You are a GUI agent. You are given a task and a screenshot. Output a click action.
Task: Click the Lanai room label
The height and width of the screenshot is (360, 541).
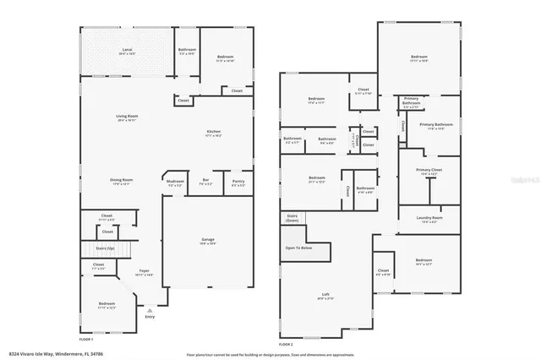point(127,51)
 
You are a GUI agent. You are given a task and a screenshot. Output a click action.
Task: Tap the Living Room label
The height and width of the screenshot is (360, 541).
point(127,117)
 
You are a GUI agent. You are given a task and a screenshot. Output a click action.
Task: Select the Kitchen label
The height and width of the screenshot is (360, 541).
point(214,133)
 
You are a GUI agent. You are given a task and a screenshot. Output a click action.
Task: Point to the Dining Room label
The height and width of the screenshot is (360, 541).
point(121,180)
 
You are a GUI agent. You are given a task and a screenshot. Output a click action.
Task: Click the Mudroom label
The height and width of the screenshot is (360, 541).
point(175,181)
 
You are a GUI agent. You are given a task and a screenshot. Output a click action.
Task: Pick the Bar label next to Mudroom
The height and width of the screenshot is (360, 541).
point(205,181)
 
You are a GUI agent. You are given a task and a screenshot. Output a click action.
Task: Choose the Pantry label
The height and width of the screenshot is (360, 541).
point(238,181)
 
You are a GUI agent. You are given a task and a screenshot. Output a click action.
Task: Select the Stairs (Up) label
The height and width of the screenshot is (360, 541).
point(107,248)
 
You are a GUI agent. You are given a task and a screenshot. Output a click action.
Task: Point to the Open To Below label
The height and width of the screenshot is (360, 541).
point(298,248)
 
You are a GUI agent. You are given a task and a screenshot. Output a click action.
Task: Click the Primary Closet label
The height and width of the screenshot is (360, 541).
point(429,171)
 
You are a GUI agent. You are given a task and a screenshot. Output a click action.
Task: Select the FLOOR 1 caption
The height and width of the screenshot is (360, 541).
point(85,338)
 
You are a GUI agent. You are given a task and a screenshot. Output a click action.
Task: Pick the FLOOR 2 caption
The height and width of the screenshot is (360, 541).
point(286,345)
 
